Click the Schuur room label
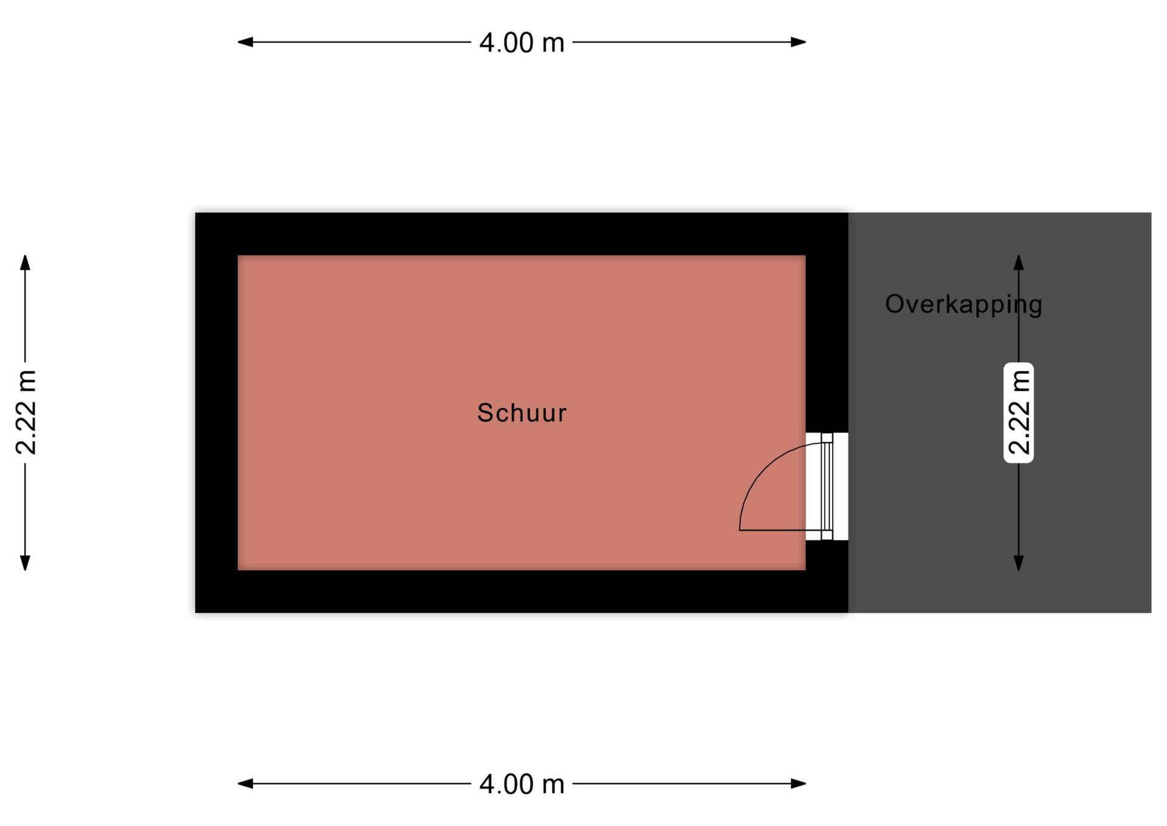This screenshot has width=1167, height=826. (522, 413)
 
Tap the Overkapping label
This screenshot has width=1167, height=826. (963, 304)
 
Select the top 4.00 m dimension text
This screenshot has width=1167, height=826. (522, 43)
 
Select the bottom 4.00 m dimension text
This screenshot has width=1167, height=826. (522, 784)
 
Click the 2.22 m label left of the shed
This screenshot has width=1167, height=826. (26, 412)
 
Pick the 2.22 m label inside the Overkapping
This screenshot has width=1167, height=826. (1019, 412)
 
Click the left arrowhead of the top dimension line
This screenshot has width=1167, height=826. (245, 42)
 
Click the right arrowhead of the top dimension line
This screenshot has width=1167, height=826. (798, 42)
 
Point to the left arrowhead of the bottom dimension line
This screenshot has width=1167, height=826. (245, 783)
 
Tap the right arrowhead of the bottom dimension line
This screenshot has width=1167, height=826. (798, 783)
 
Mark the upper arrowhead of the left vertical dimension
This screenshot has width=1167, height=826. (25, 262)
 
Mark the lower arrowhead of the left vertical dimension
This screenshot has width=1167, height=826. (25, 563)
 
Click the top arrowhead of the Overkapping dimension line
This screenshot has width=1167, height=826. (1019, 262)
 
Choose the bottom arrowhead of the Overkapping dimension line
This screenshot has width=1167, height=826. (1019, 563)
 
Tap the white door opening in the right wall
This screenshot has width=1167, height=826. (827, 486)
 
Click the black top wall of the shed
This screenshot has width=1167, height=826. (522, 234)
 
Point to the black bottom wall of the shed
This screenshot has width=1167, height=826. (522, 591)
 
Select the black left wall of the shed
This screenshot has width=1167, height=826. (216, 412)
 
